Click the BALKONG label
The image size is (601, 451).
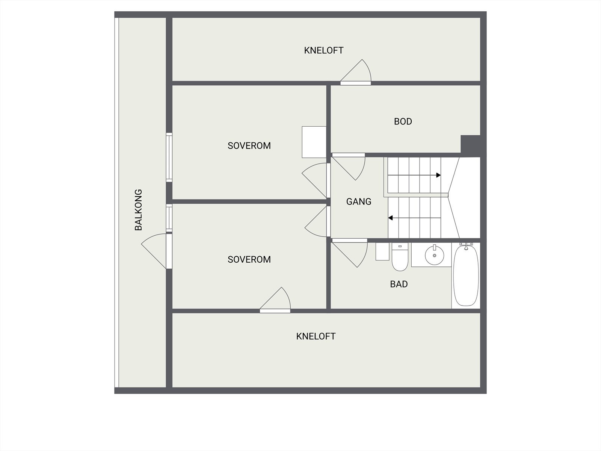click(x=138, y=210)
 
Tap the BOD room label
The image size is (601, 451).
click(x=403, y=121)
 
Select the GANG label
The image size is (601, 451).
click(x=359, y=202)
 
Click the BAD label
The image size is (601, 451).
click(x=399, y=284)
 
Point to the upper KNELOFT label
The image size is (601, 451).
click(x=323, y=50)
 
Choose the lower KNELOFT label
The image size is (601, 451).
click(x=316, y=336)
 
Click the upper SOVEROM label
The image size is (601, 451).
click(x=249, y=146)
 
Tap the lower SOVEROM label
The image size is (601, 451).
click(x=249, y=260)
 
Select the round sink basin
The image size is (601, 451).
click(x=434, y=255)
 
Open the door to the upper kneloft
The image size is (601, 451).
click(x=357, y=73)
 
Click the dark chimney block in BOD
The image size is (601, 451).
click(x=470, y=145)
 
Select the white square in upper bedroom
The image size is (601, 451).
click(x=314, y=142)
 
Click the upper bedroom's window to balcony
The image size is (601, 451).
click(x=169, y=157)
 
